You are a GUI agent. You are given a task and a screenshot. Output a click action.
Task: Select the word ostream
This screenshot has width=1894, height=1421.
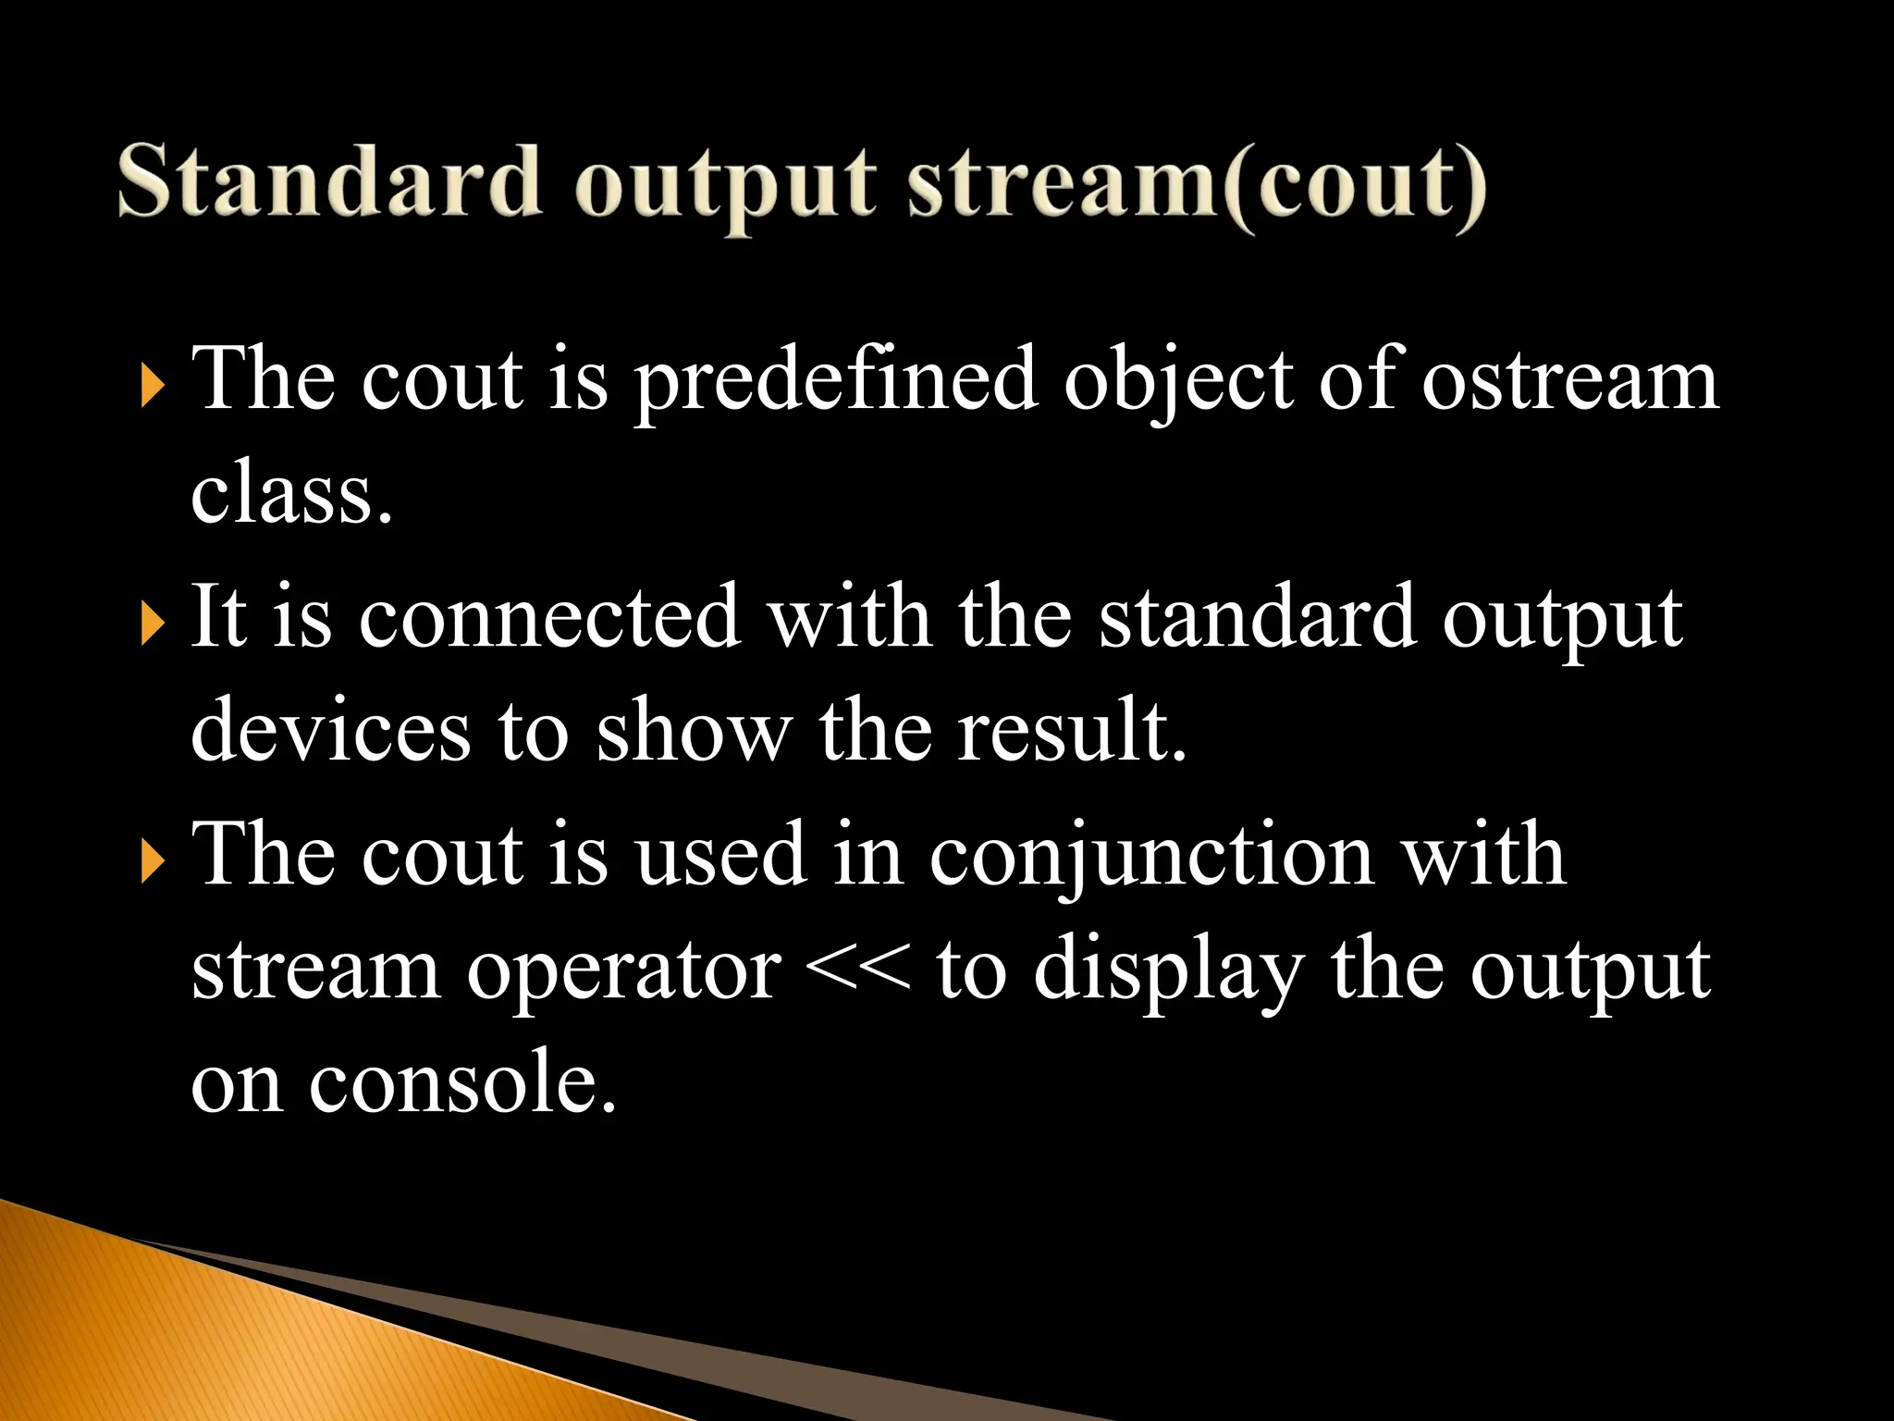(1569, 380)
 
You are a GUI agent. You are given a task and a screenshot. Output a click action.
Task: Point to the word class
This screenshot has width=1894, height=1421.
(291, 495)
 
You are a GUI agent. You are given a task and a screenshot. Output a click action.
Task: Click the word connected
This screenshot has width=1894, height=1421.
(549, 617)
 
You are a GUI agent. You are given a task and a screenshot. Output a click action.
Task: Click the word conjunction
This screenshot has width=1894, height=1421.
(1151, 856)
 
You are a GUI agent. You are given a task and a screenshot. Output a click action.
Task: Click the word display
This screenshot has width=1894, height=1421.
(1168, 971)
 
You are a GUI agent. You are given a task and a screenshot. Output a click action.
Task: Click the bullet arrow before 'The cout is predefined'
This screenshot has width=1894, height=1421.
(153, 387)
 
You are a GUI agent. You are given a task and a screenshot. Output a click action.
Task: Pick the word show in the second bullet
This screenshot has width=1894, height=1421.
(694, 731)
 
